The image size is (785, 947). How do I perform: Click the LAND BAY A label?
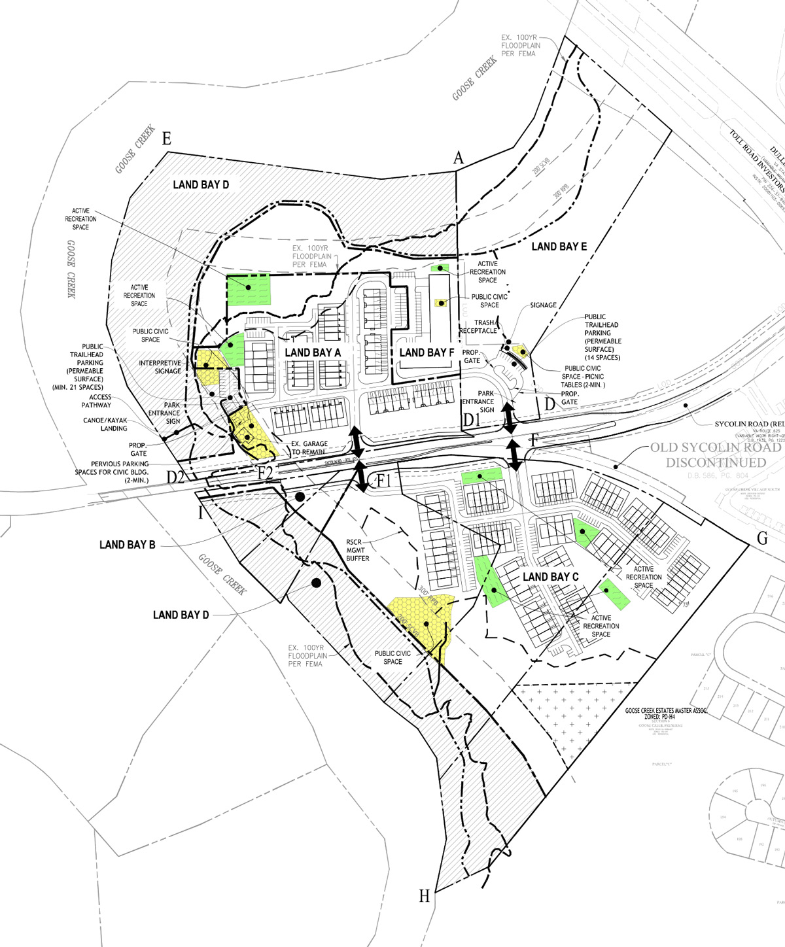313,353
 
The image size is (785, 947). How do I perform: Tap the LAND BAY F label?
427,353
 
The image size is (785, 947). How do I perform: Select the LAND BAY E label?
559,247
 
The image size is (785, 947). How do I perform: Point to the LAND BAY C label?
551,576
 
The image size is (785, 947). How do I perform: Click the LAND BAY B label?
127,544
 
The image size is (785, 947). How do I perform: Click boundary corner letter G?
762,538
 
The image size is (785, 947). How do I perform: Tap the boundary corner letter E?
166,139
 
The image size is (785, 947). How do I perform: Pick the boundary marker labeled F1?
383,481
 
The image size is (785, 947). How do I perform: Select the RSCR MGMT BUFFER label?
358,550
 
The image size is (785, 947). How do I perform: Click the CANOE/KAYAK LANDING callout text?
105,424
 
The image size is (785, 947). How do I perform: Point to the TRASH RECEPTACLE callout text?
478,326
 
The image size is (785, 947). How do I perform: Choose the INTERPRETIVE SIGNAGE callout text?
160,367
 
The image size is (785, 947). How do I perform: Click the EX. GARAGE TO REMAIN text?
309,448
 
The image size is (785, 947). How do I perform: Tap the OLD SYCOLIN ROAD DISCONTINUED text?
715,455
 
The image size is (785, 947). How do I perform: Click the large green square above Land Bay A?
249,289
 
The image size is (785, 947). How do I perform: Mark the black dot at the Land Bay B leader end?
300,497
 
